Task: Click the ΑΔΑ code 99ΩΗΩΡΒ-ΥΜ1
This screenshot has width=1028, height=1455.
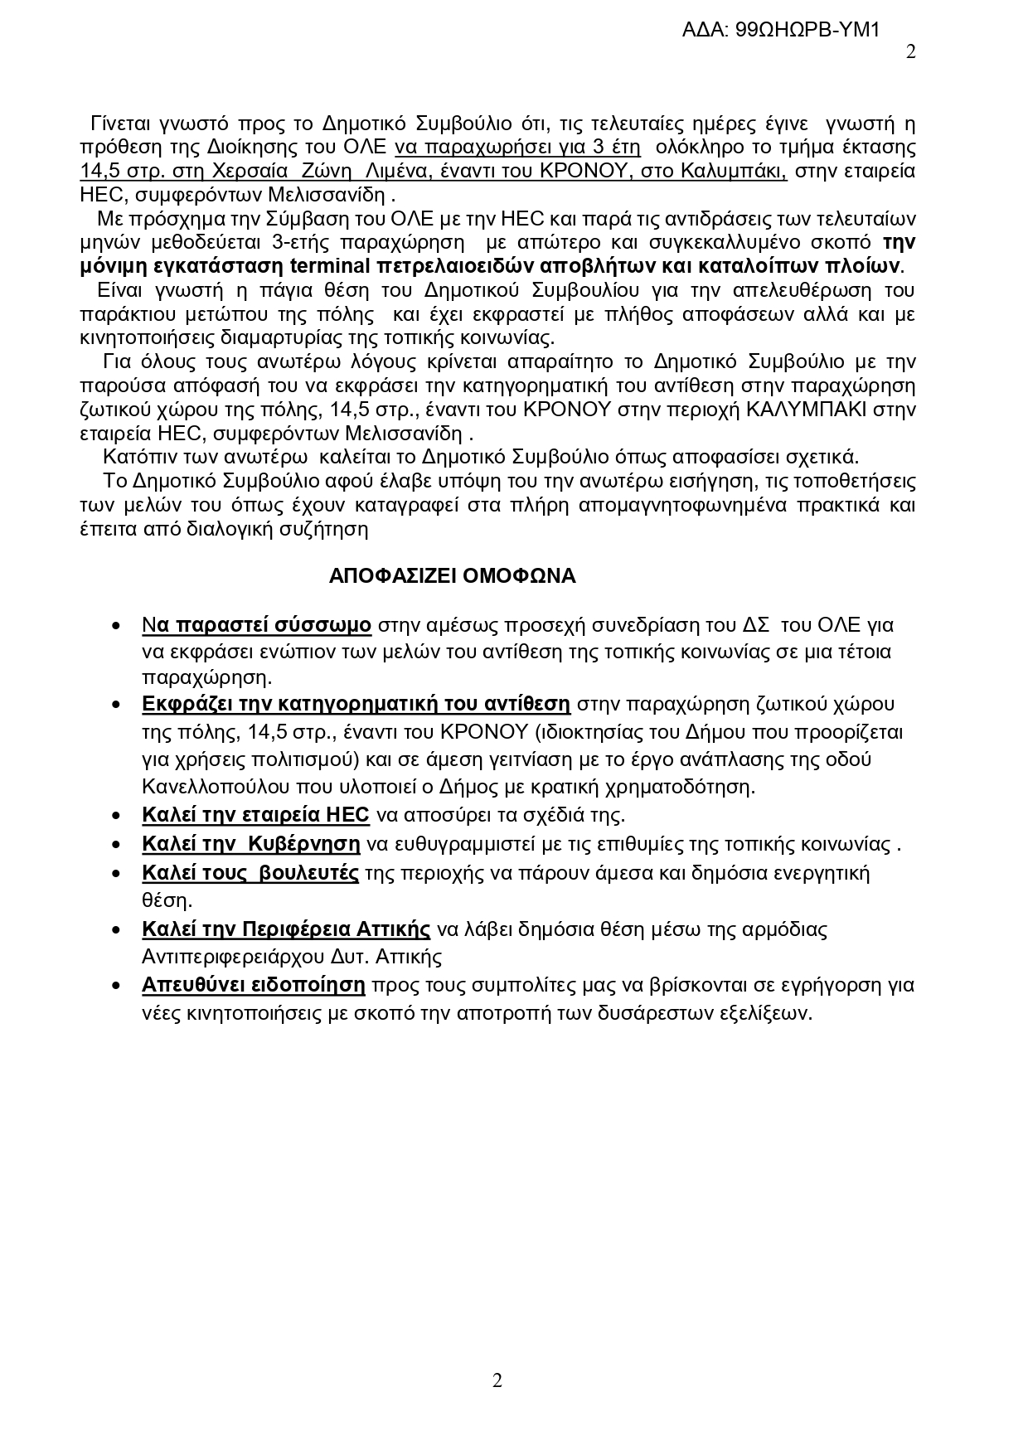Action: (x=779, y=31)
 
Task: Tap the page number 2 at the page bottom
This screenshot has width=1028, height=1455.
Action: (x=497, y=1380)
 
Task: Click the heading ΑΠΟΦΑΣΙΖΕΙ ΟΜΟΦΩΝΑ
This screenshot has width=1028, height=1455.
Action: (x=452, y=576)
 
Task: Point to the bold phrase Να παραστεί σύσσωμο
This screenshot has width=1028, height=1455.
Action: (x=256, y=624)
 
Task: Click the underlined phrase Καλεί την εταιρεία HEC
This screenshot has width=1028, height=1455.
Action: (x=255, y=814)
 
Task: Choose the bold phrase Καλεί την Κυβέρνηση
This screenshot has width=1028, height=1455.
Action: (x=251, y=844)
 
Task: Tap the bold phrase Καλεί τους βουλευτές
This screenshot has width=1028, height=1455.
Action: (x=250, y=873)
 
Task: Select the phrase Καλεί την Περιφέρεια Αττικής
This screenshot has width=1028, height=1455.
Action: (x=286, y=929)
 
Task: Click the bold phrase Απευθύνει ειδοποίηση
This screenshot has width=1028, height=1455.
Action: (x=254, y=985)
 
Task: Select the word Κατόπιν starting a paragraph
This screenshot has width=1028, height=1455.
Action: (x=134, y=457)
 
